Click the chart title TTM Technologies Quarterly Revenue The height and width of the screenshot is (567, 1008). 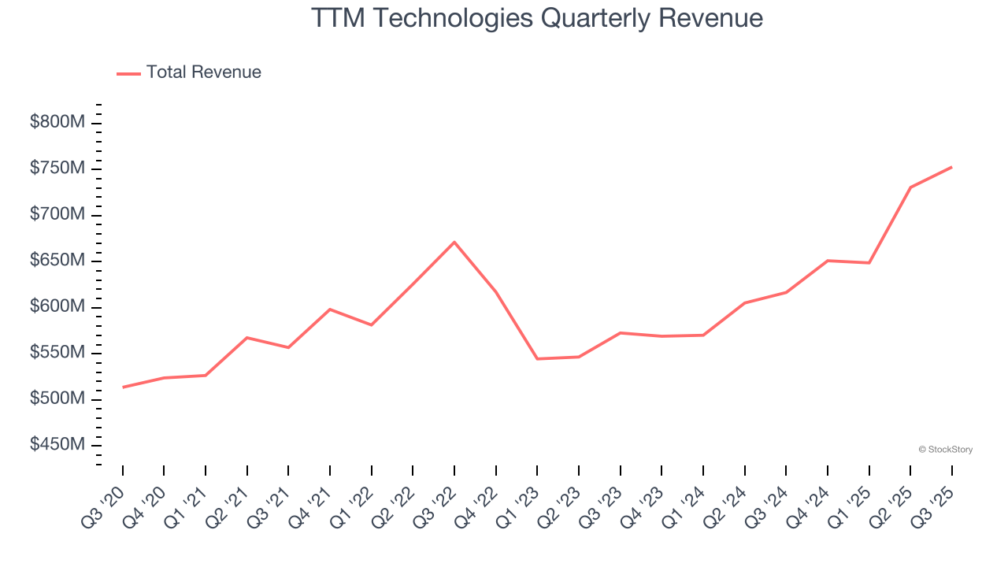click(x=537, y=17)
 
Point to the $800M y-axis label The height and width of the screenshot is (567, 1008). click(x=57, y=123)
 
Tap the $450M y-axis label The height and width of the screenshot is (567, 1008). click(x=57, y=445)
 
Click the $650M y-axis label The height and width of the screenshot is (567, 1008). click(x=57, y=261)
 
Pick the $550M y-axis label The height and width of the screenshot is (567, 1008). click(x=57, y=353)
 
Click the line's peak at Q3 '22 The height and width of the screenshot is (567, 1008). click(x=454, y=242)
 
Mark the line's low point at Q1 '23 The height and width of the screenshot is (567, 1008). click(x=537, y=359)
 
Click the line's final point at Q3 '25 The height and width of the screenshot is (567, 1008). click(x=951, y=167)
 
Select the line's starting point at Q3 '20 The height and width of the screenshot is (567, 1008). click(x=123, y=387)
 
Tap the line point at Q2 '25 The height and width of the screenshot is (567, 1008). click(x=910, y=187)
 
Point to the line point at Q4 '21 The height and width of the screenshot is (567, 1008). click(x=330, y=309)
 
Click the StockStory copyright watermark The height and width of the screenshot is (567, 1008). click(x=945, y=450)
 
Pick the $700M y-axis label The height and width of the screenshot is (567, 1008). click(x=57, y=215)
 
